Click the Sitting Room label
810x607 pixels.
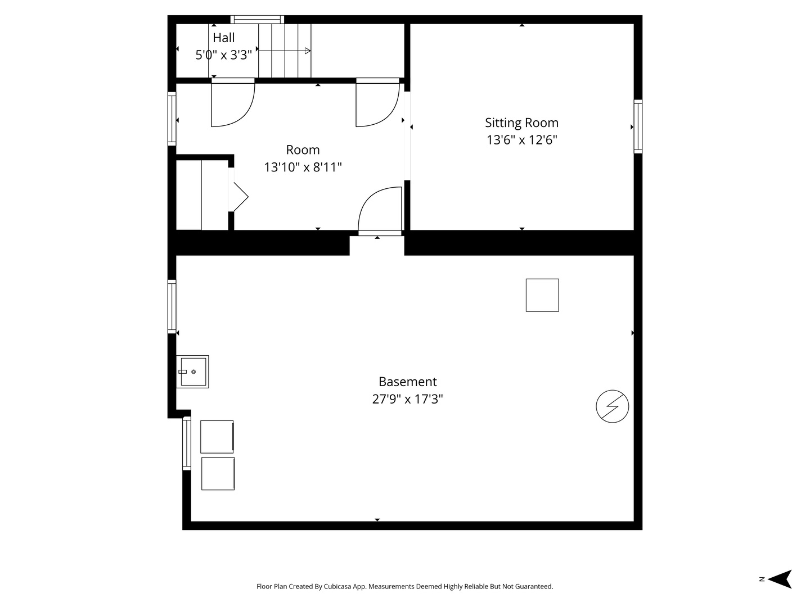[x=521, y=123]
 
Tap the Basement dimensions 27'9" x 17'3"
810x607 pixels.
[x=407, y=399]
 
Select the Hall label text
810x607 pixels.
[x=224, y=38]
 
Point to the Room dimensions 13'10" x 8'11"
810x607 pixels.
[x=303, y=167]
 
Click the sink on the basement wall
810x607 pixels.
[x=192, y=372]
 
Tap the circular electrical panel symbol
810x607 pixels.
[x=612, y=406]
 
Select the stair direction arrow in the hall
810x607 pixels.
[x=284, y=51]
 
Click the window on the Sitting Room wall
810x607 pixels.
[x=638, y=126]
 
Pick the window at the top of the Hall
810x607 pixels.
[x=257, y=20]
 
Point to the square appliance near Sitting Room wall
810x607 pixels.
[x=542, y=295]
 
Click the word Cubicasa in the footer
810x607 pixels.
[x=337, y=586]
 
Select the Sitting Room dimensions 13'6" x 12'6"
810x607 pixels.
[x=521, y=140]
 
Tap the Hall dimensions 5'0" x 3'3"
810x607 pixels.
[x=224, y=55]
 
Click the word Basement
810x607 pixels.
[x=407, y=382]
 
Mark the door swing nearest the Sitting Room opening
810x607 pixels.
[x=377, y=102]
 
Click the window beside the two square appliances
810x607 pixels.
[x=187, y=443]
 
